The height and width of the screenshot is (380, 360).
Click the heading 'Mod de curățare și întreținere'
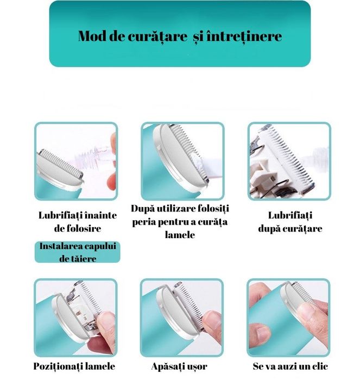(180, 36)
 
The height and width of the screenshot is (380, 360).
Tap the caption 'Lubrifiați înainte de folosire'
(77, 221)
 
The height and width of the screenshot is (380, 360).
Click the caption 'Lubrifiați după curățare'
(289, 222)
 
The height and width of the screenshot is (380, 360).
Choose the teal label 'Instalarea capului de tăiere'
(77, 252)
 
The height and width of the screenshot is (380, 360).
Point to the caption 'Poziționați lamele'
(74, 366)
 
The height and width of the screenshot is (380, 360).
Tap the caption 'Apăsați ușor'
(180, 366)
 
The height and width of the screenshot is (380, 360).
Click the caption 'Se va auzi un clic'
(290, 366)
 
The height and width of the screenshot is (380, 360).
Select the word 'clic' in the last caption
(319, 366)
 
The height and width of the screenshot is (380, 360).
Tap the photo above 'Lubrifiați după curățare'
(289, 160)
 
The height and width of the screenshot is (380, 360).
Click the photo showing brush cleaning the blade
(182, 160)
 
